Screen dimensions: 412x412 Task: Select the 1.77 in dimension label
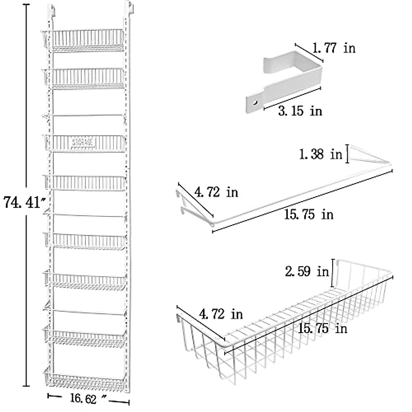pyautogui.click(x=333, y=48)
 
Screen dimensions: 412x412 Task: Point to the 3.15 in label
pyautogui.click(x=299, y=111)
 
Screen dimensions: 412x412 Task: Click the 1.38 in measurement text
pyautogui.click(x=321, y=154)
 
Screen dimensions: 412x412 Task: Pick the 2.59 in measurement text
pyautogui.click(x=307, y=272)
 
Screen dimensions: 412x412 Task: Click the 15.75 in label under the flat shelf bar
pyautogui.click(x=308, y=215)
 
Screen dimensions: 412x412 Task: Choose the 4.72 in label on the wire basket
pyautogui.click(x=221, y=314)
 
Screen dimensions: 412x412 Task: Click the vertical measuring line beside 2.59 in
pyautogui.click(x=333, y=273)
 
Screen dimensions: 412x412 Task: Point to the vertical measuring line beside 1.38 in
pyautogui.click(x=348, y=154)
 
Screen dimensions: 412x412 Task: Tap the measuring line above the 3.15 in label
pyautogui.click(x=292, y=98)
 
